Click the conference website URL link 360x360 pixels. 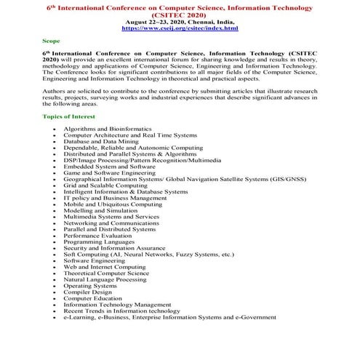[180, 28]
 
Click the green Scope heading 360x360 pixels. [50, 43]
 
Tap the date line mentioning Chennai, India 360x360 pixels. [180, 22]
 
